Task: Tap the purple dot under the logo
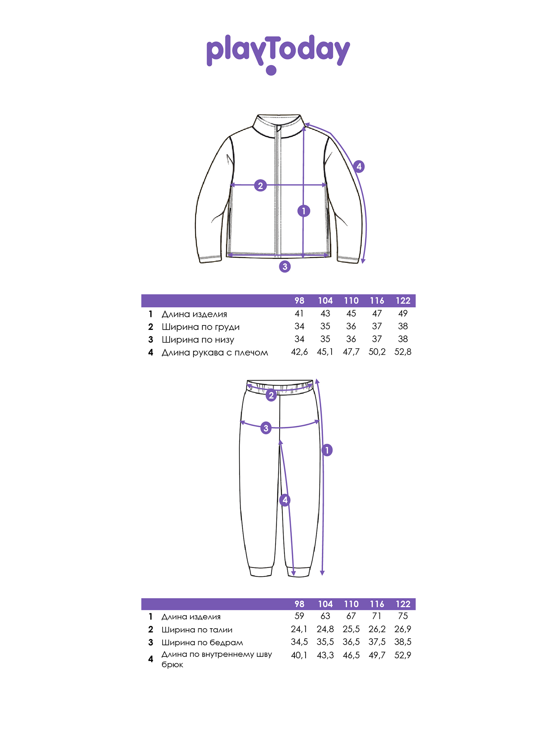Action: [271, 70]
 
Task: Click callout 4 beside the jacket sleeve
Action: [359, 166]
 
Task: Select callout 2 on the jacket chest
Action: [260, 185]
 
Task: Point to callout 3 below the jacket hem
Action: [285, 266]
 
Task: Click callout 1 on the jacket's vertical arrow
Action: [304, 211]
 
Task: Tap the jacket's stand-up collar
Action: [278, 126]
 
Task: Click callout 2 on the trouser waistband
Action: [271, 395]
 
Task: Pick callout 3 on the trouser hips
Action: [266, 428]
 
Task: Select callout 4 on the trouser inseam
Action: [285, 500]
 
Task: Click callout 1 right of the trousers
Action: [327, 450]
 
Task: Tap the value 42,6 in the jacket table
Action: [299, 352]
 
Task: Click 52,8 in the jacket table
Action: [403, 352]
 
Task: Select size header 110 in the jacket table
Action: [351, 301]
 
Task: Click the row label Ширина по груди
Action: [201, 327]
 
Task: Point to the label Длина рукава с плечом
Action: [215, 353]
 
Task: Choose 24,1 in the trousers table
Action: [299, 629]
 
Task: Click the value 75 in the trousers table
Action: [403, 616]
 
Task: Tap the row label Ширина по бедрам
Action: [202, 642]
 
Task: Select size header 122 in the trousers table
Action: [403, 604]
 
